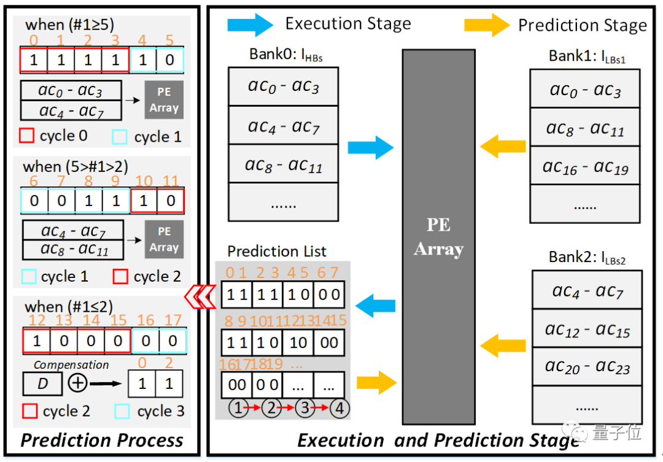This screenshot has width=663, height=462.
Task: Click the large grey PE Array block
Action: pyautogui.click(x=438, y=236)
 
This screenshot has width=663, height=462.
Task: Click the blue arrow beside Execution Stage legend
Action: pyautogui.click(x=250, y=25)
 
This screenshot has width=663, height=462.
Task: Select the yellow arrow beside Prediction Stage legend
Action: pyautogui.click(x=486, y=25)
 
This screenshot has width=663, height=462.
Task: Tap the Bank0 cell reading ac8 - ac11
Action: pyautogui.click(x=283, y=164)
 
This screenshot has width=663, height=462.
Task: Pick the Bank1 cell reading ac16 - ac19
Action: pyautogui.click(x=585, y=166)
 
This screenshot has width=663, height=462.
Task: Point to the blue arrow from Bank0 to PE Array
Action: pyautogui.click(x=370, y=148)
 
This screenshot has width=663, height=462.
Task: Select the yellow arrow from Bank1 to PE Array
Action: pyautogui.click(x=503, y=147)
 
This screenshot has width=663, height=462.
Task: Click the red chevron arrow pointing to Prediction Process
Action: pyautogui.click(x=200, y=295)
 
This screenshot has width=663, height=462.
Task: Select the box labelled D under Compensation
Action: pyautogui.click(x=42, y=385)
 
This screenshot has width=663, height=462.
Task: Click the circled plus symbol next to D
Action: pyautogui.click(x=77, y=383)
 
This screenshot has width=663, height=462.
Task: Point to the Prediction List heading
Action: pyautogui.click(x=277, y=252)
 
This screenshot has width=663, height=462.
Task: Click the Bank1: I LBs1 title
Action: pyautogui.click(x=586, y=56)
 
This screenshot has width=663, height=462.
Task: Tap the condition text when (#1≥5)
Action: pyautogui.click(x=69, y=25)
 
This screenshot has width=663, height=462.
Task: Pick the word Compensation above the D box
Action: pyautogui.click(x=71, y=364)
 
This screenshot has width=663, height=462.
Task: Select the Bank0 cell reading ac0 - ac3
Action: pyautogui.click(x=283, y=87)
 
